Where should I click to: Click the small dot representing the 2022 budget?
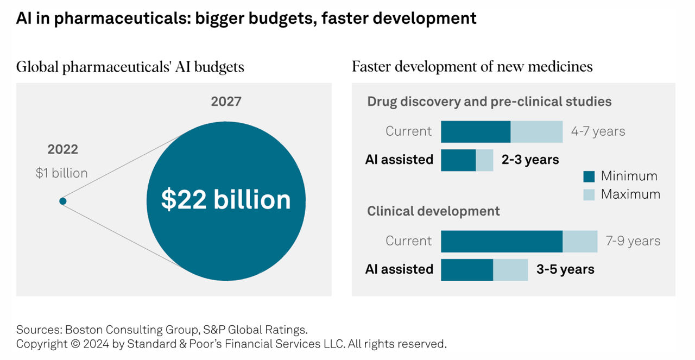tap(63, 201)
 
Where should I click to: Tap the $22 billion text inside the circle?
tap(226, 200)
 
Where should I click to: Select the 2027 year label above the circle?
tap(226, 102)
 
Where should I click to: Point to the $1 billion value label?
tap(61, 173)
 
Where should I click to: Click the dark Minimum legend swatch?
tap(589, 176)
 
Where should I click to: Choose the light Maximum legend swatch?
tap(589, 194)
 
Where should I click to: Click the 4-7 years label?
tap(598, 131)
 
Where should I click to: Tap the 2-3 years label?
tap(530, 160)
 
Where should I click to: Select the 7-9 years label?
tap(633, 241)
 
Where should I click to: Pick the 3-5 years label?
tap(565, 269)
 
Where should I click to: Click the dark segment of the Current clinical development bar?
tap(501, 241)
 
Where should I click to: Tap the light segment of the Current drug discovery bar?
tap(536, 131)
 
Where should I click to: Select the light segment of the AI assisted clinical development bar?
tap(510, 269)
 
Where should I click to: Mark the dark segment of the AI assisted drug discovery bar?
tap(458, 160)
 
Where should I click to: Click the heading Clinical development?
tap(433, 211)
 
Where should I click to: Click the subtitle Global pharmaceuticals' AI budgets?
tap(130, 67)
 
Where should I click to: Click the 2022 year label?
tap(62, 150)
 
